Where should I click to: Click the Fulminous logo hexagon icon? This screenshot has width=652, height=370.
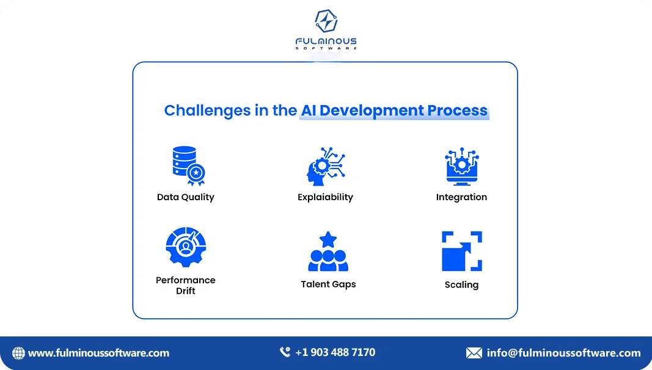[x=326, y=21]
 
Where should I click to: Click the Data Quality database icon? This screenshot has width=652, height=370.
[x=185, y=165]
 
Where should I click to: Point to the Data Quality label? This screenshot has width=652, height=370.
[x=185, y=197]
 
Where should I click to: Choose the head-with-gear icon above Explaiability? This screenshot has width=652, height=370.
[x=324, y=166]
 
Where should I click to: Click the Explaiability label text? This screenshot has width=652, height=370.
[x=325, y=197]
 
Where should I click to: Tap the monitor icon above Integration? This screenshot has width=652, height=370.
[x=461, y=166]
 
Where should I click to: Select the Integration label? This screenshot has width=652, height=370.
[x=461, y=197]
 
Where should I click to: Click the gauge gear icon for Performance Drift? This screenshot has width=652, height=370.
[x=186, y=247]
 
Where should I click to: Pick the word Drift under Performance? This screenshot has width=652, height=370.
[x=186, y=291]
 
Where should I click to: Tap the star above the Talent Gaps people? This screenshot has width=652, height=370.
[x=328, y=239]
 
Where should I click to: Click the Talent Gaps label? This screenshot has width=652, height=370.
[x=328, y=285]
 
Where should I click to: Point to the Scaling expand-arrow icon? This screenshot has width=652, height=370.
[x=461, y=251]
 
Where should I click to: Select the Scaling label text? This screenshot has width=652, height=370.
[x=461, y=285]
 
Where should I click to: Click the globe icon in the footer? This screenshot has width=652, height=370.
[x=18, y=353]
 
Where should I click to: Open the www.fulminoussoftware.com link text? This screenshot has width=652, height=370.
[x=98, y=353]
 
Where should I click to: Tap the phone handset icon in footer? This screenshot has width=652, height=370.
[x=285, y=352]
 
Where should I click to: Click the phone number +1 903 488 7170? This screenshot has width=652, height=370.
[x=335, y=352]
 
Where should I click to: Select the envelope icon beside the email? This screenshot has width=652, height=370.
[x=474, y=353]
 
